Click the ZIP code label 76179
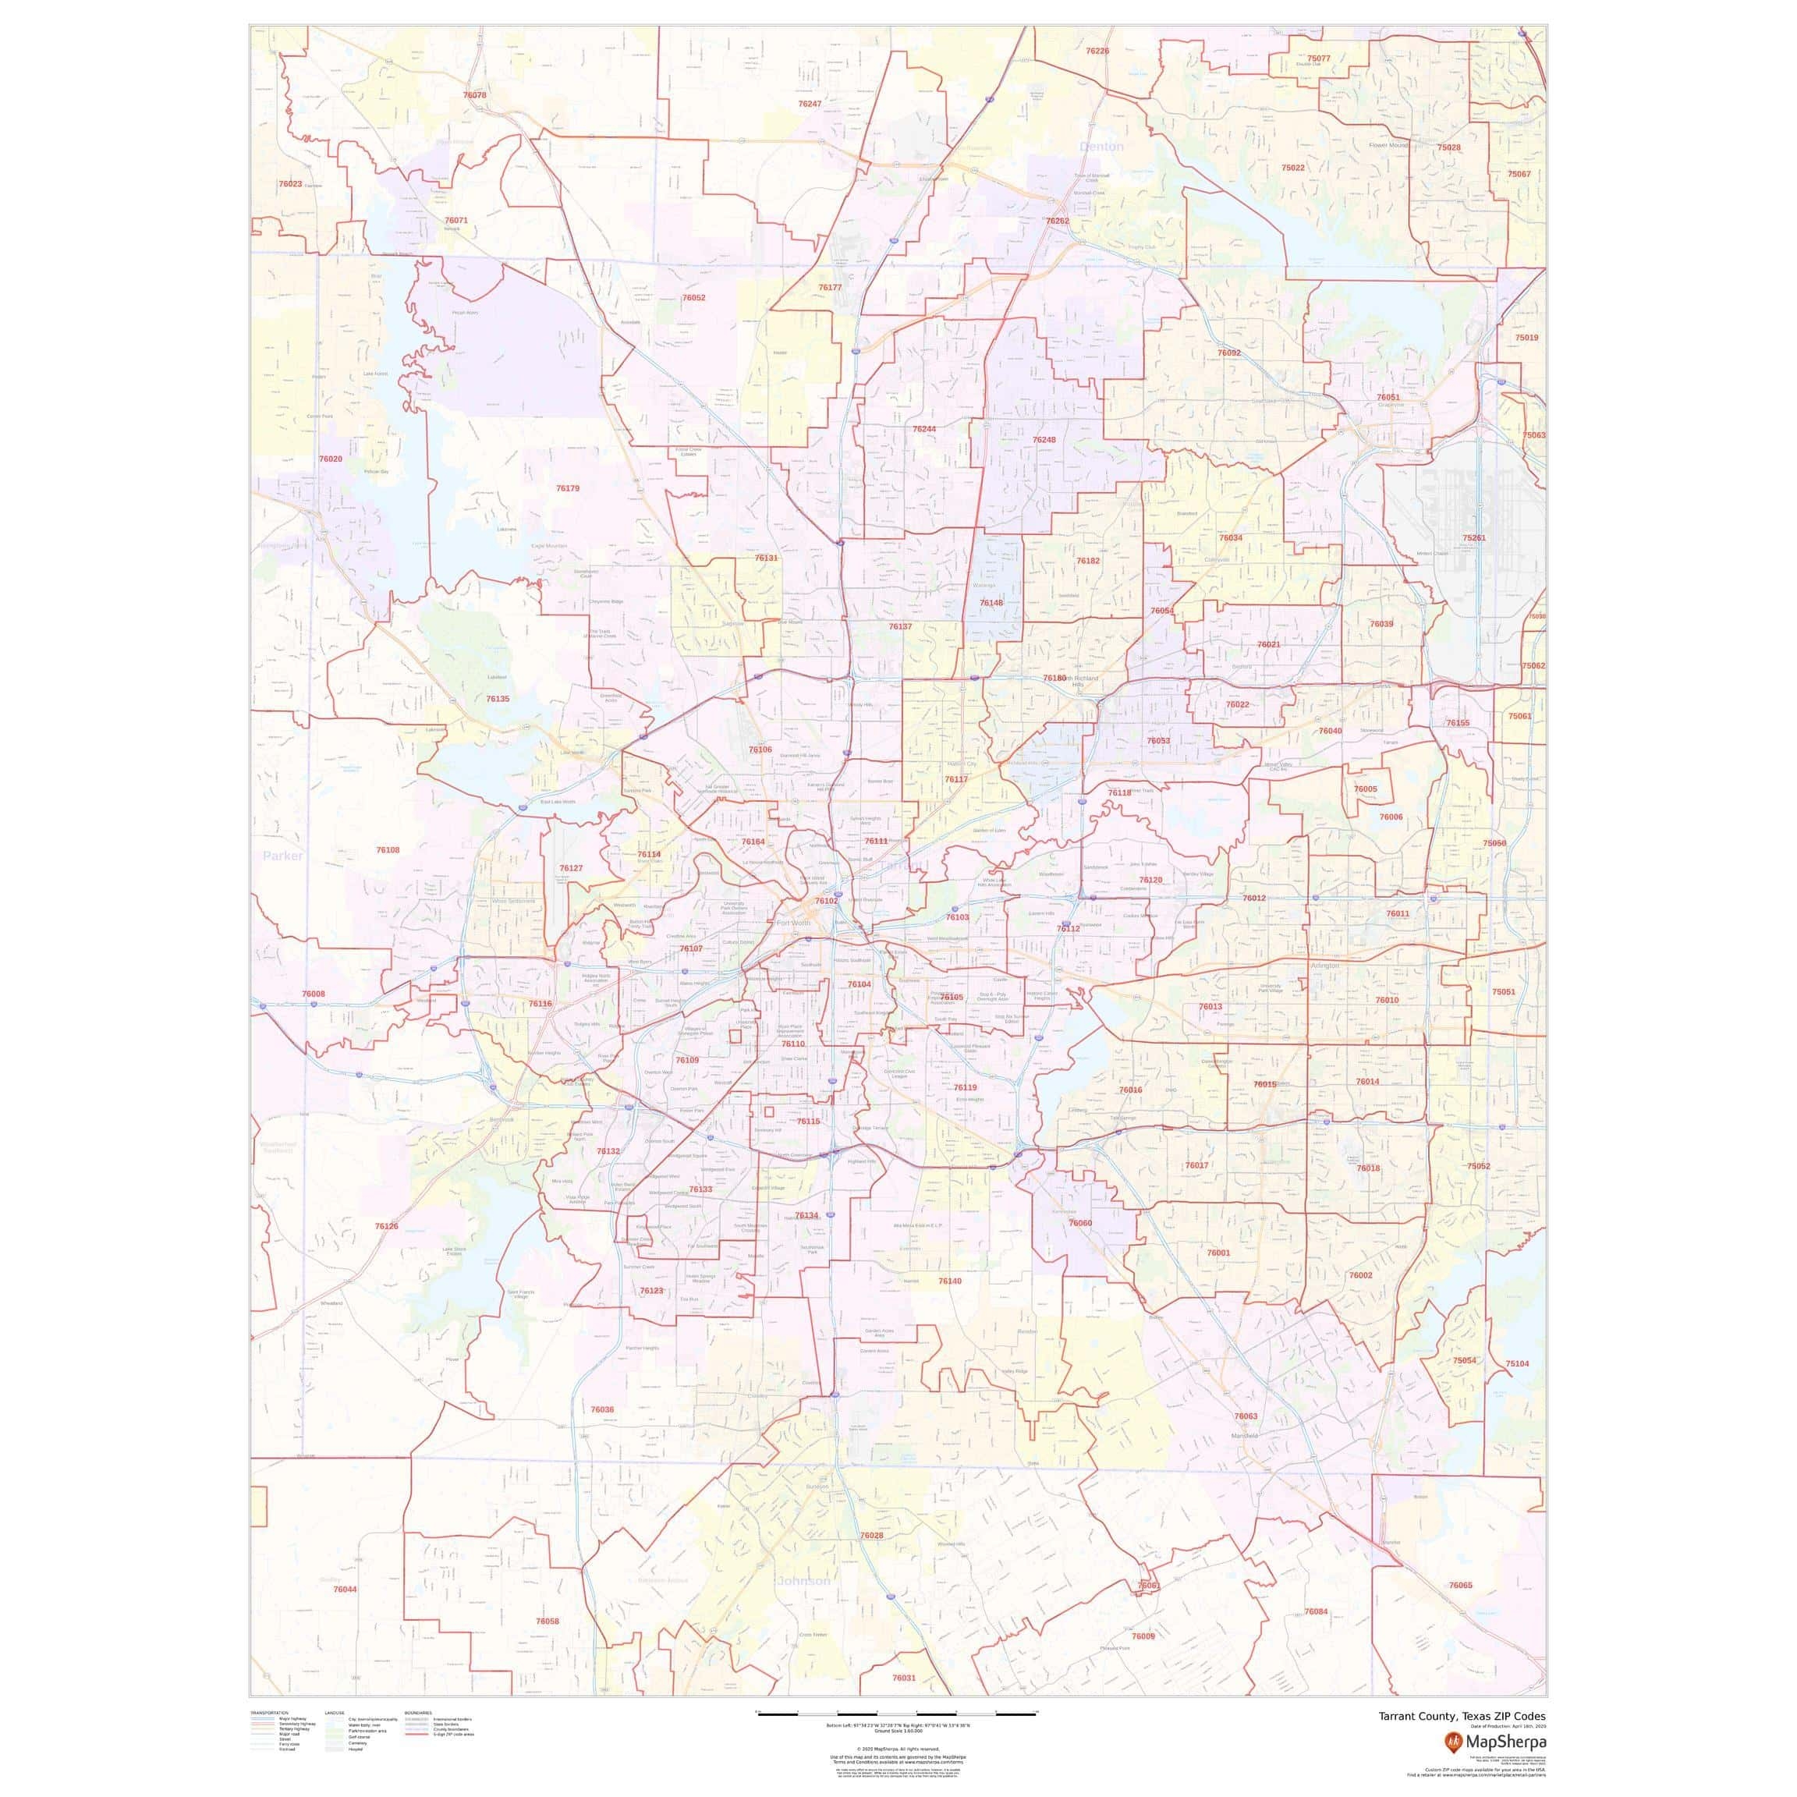pos(567,488)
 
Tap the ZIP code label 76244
pos(923,430)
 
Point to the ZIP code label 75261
pos(1474,538)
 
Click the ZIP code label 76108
pos(388,850)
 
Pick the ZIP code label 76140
pos(950,1281)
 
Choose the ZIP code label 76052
pos(693,299)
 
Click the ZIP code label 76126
pos(387,1227)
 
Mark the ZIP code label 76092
pos(1228,353)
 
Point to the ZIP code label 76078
pos(474,96)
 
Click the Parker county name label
pos(283,856)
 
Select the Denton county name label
pos(1101,147)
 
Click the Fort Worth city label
pos(794,923)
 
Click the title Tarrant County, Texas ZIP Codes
pos(1462,1716)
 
